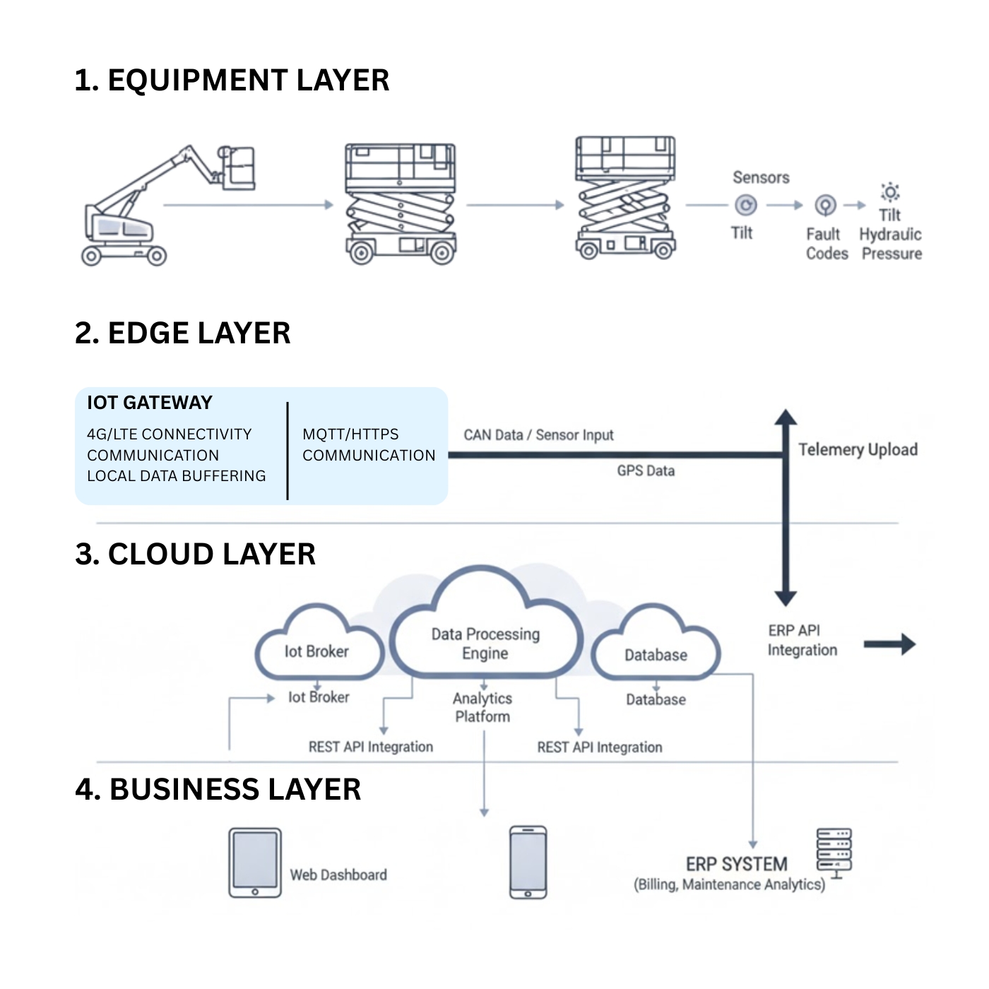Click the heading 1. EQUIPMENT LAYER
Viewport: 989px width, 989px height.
[x=232, y=81]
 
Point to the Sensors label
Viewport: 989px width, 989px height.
[x=761, y=177]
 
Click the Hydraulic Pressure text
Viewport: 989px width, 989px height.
[x=891, y=244]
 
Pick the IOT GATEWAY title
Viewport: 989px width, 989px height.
[x=150, y=403]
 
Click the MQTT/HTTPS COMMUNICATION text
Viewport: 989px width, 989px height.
[x=369, y=445]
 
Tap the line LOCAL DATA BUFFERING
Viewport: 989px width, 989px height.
[x=177, y=476]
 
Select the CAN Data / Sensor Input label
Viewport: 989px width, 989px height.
[x=538, y=435]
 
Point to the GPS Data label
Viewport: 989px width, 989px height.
[x=646, y=471]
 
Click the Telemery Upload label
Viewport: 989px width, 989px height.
[x=858, y=450]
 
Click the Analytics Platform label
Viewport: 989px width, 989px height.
[x=482, y=707]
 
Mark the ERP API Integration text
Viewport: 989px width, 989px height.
[x=803, y=640]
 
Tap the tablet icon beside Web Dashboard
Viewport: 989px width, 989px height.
[x=255, y=863]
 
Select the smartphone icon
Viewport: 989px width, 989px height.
[x=528, y=863]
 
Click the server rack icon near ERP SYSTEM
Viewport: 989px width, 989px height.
[x=834, y=851]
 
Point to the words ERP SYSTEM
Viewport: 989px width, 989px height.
[x=736, y=865]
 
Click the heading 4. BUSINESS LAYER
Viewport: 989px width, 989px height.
[x=218, y=790]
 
